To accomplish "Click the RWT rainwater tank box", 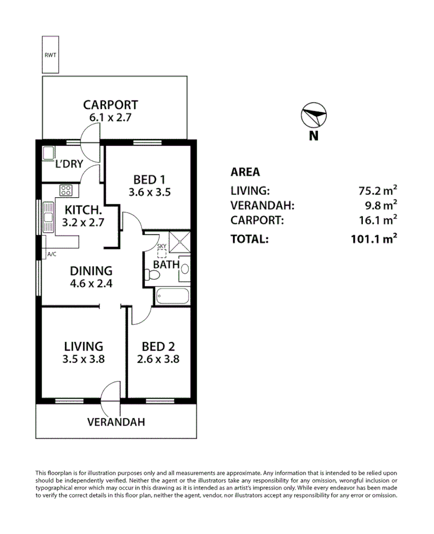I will tap(50, 55).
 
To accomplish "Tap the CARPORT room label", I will tap(110, 105).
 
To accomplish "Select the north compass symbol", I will tap(313, 116).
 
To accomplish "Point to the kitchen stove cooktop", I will tap(66, 191).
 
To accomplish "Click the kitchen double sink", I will tap(48, 217).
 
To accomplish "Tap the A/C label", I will tap(52, 254).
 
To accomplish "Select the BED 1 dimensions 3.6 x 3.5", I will tap(149, 192).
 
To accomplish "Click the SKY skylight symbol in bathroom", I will tap(161, 254).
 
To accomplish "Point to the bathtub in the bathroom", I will tap(173, 297).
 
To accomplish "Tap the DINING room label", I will tap(92, 271).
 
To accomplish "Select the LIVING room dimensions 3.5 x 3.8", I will tap(83, 360).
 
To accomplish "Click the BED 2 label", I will tap(158, 347).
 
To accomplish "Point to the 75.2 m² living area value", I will tap(376, 191).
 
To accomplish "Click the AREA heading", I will tap(245, 172).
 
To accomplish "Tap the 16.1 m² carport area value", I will tap(376, 221).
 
